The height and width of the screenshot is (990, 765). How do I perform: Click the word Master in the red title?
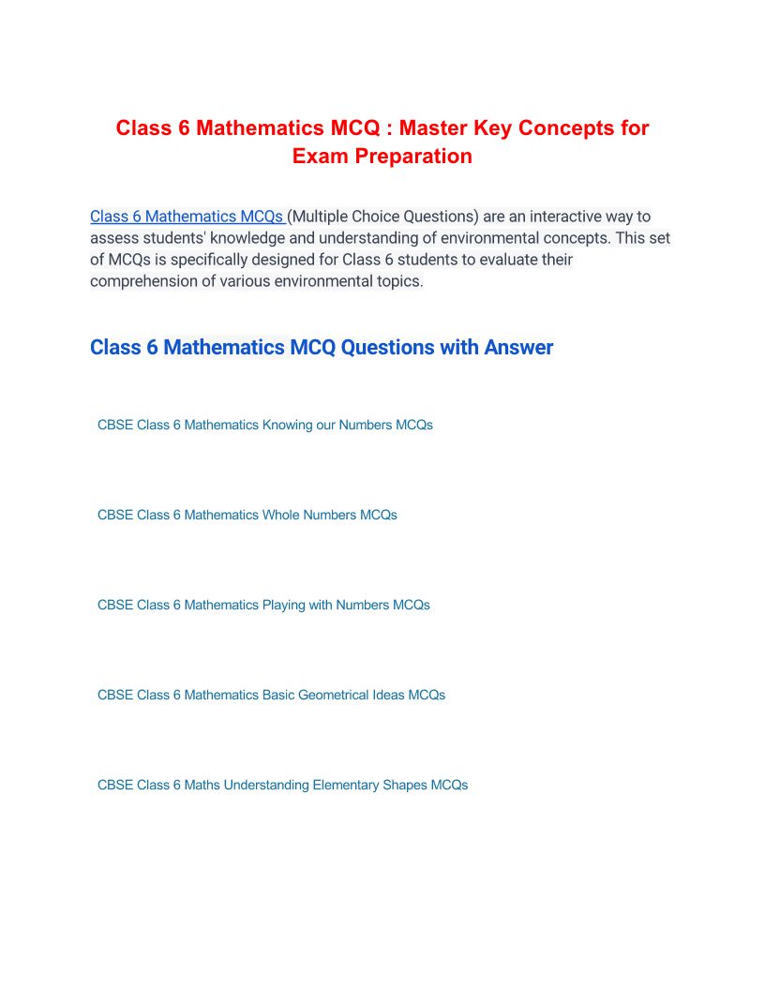[432, 127]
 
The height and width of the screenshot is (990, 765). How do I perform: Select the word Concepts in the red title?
[542, 127]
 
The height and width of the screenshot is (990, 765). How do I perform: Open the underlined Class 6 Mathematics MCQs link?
[187, 217]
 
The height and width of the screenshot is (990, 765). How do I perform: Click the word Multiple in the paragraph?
[326, 217]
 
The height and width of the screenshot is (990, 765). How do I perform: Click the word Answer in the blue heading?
[518, 348]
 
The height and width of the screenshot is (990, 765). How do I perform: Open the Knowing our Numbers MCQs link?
[265, 425]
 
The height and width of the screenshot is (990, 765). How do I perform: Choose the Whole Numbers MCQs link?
[247, 515]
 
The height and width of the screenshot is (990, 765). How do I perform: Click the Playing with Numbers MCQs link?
[263, 605]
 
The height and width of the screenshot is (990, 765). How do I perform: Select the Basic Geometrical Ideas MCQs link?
[271, 695]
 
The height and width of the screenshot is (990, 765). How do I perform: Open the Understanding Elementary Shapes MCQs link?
[282, 785]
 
